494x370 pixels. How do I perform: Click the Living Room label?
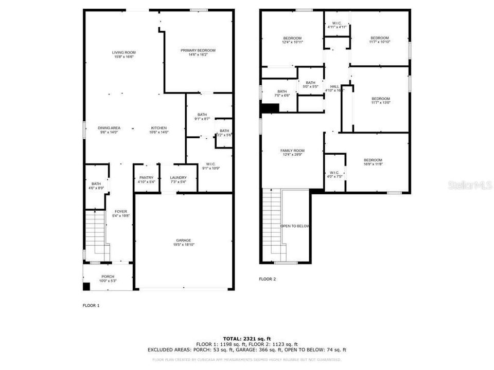click(x=124, y=52)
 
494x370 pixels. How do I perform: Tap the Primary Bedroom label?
click(x=198, y=50)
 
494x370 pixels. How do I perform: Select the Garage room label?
click(x=184, y=240)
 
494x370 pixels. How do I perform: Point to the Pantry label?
click(x=146, y=178)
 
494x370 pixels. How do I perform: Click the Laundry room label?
click(x=179, y=178)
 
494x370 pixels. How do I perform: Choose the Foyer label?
click(x=121, y=211)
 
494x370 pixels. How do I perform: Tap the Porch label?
click(x=108, y=276)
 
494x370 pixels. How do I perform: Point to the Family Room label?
click(x=292, y=151)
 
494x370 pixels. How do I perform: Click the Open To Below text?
click(x=295, y=226)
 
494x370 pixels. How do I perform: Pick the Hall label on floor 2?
click(x=334, y=86)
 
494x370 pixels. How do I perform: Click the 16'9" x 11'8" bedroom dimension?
click(x=373, y=164)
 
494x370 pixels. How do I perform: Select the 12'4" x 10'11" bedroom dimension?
click(x=292, y=42)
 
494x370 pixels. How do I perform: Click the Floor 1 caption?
click(x=91, y=305)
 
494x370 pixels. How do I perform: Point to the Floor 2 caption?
click(x=268, y=279)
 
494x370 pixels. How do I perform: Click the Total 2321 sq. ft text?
click(x=247, y=338)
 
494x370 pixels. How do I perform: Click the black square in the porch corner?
click(x=86, y=286)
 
